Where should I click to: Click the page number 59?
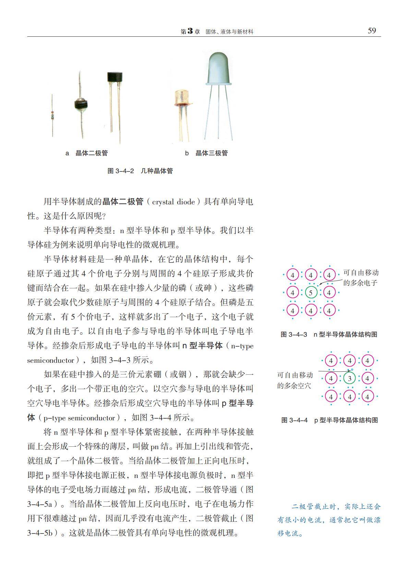click(x=372, y=31)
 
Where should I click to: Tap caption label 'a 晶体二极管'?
click(x=87, y=153)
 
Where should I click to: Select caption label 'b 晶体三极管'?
click(x=207, y=153)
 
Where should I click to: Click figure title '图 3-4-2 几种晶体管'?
click(x=140, y=171)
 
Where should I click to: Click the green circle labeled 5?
click(x=311, y=293)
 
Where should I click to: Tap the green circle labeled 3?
click(x=349, y=379)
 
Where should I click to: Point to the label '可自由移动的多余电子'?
click(x=361, y=278)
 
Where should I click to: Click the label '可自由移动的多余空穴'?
click(x=295, y=380)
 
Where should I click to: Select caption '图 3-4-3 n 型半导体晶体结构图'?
click(x=329, y=334)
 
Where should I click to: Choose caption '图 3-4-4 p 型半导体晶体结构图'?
click(x=329, y=420)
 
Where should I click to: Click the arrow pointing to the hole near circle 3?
click(x=334, y=371)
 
